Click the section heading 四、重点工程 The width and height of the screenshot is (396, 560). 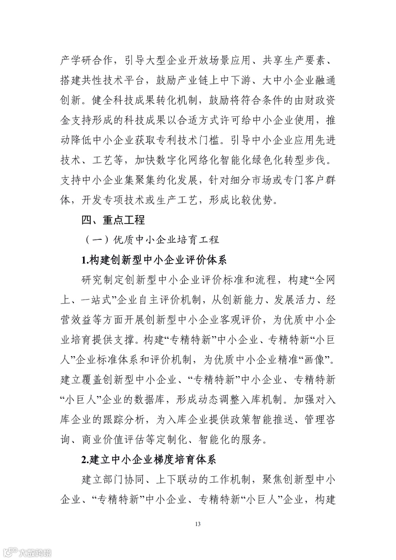113,220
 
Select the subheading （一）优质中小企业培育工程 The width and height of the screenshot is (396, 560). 152,240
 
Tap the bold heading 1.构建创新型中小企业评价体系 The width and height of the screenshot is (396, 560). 154,260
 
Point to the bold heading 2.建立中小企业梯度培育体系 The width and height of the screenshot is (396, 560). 149,460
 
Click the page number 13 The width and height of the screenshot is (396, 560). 198,524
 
